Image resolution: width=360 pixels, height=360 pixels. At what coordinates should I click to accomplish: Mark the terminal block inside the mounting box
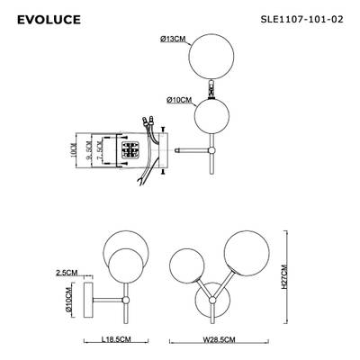point(131,151)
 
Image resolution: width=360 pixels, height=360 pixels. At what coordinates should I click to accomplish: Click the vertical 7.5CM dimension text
point(99,151)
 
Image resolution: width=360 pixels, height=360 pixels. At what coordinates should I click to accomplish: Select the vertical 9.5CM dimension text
point(87,151)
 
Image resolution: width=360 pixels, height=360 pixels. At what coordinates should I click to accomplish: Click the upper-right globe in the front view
point(244,252)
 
